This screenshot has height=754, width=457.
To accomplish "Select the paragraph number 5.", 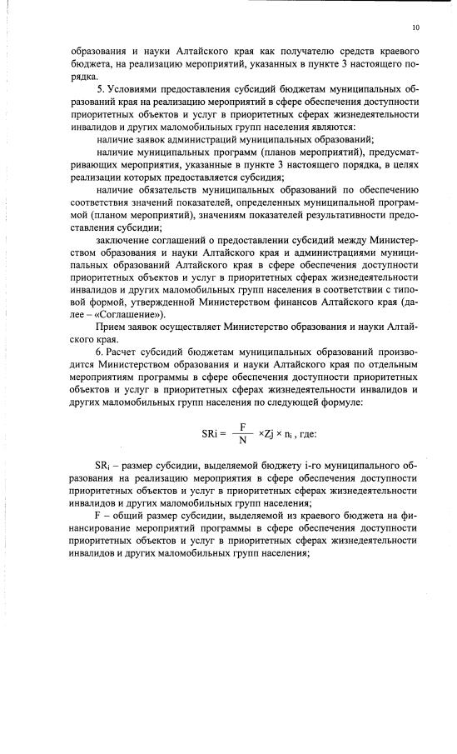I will click(x=100, y=87).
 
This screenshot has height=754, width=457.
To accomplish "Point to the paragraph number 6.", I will click(x=100, y=351).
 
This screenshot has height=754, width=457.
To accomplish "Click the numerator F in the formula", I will click(x=242, y=427).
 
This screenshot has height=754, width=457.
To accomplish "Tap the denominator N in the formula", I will click(x=242, y=442).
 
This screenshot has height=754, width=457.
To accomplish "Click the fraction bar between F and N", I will click(x=242, y=434).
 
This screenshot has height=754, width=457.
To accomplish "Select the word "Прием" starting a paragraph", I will click(x=112, y=327).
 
